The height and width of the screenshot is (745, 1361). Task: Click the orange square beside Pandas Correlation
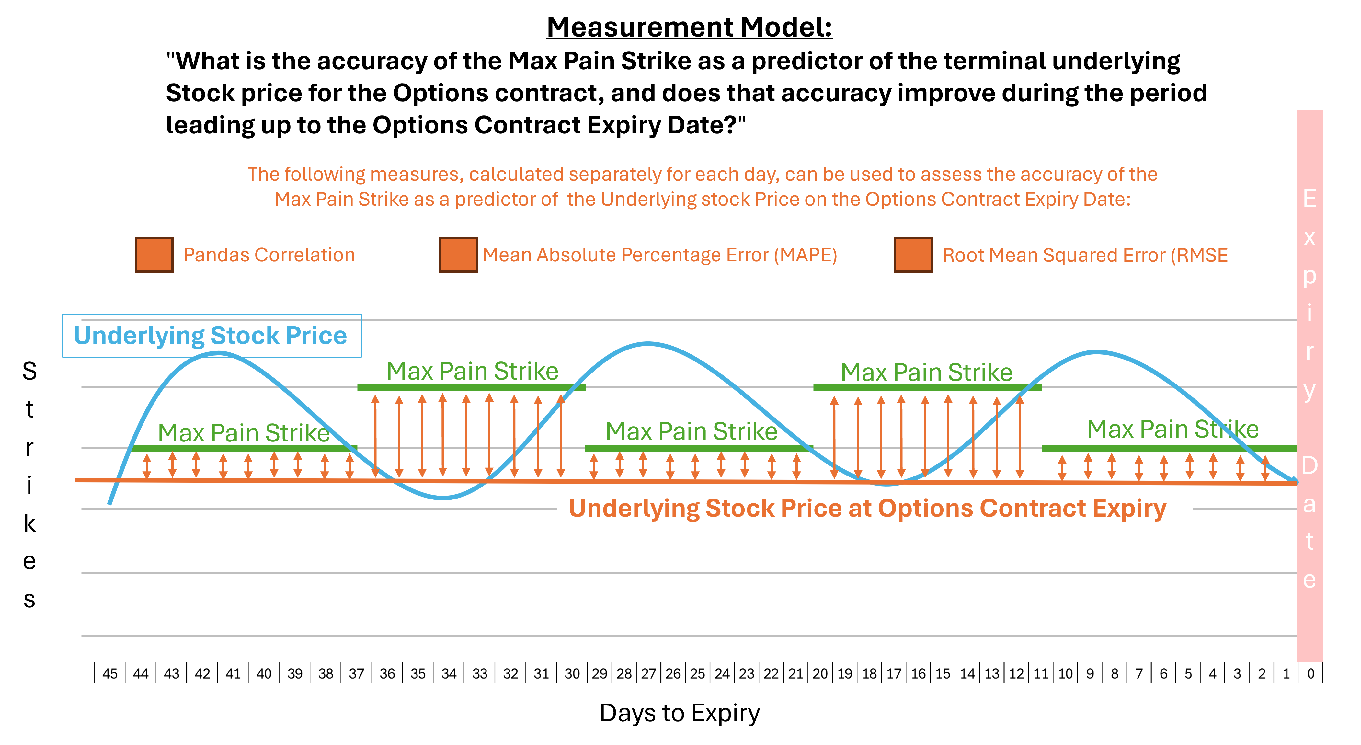click(x=154, y=255)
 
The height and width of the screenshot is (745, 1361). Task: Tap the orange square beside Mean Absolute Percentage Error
click(x=458, y=255)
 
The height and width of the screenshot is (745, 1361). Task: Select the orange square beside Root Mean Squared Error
click(x=912, y=255)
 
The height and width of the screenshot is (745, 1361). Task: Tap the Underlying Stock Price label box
click(x=211, y=336)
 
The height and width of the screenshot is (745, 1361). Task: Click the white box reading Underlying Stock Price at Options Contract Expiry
click(x=875, y=508)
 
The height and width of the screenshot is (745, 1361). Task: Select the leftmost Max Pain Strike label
click(x=244, y=433)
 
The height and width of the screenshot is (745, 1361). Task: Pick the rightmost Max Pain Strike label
click(x=1172, y=429)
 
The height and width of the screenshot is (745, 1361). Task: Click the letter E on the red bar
click(x=1309, y=199)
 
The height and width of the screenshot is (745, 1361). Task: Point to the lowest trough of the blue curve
click(x=444, y=498)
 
